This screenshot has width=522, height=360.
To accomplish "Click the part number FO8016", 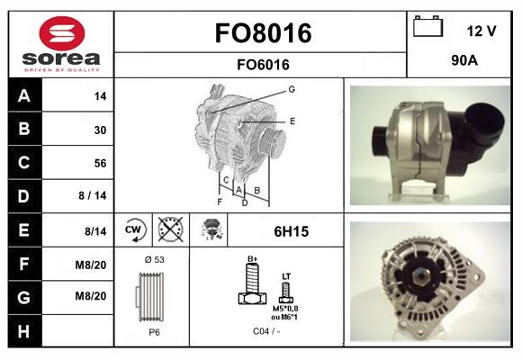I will pyautogui.click(x=263, y=33).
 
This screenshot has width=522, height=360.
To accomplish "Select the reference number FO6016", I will pyautogui.click(x=263, y=64).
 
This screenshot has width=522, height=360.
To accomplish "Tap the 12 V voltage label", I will pyautogui.click(x=481, y=31).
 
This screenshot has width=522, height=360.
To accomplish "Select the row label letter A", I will pyautogui.click(x=24, y=96).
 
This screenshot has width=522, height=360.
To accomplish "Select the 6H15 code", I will pyautogui.click(x=291, y=231).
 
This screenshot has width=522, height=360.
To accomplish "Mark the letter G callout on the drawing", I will pyautogui.click(x=292, y=89).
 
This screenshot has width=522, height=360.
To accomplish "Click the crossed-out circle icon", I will pyautogui.click(x=170, y=230).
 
